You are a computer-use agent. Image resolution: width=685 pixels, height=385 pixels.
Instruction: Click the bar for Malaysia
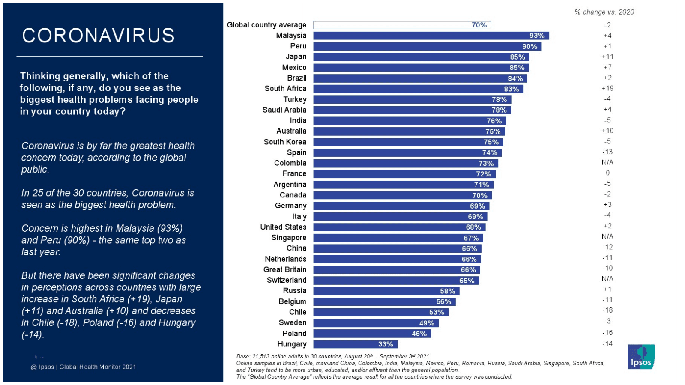coord(431,36)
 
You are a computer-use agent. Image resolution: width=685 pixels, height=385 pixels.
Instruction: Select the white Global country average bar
coord(401,25)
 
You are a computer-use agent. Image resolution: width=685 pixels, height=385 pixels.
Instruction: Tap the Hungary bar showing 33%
coord(355,344)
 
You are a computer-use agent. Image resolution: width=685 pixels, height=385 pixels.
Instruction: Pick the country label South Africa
coord(285,89)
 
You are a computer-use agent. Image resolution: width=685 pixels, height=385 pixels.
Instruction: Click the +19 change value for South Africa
coord(607,88)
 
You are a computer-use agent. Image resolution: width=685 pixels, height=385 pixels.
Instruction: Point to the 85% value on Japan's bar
coord(517,57)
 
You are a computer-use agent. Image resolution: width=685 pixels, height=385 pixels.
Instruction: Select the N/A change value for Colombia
coord(607,162)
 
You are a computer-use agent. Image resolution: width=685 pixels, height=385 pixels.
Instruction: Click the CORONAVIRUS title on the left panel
coord(99,36)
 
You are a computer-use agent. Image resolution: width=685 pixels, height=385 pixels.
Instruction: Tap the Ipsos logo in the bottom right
coord(641,356)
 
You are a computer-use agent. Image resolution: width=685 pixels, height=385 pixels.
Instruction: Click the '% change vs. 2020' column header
coord(604,12)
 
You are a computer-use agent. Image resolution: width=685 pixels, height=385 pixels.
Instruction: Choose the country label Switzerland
coord(287,280)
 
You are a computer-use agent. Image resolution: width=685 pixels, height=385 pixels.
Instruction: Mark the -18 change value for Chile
coord(607,310)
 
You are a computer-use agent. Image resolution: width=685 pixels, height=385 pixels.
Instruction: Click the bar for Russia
coord(386,291)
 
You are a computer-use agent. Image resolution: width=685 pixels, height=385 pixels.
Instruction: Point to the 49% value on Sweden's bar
coord(427,323)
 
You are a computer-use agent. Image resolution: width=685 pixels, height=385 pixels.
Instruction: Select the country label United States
coord(283,227)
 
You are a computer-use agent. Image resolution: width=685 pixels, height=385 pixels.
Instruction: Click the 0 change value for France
coord(607,173)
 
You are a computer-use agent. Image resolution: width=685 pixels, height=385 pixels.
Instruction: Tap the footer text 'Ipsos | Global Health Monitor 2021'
coord(84,367)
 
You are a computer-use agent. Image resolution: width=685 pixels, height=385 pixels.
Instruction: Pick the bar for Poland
coord(372,334)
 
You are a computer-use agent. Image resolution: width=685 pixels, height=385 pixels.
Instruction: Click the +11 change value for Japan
coord(607,57)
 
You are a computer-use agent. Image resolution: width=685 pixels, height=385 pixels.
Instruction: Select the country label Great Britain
coord(285,269)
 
